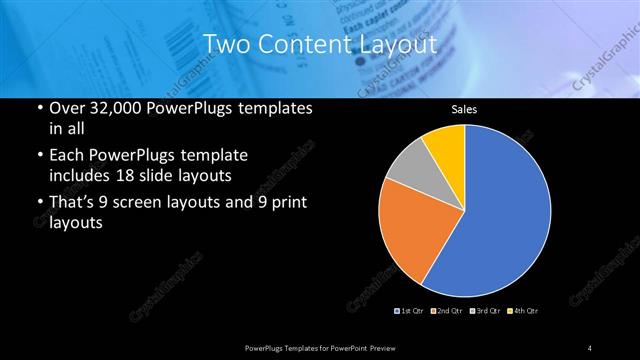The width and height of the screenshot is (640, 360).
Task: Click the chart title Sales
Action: (463, 109)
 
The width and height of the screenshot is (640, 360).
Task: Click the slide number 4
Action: (590, 347)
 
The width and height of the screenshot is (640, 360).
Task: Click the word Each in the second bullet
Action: (67, 156)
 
